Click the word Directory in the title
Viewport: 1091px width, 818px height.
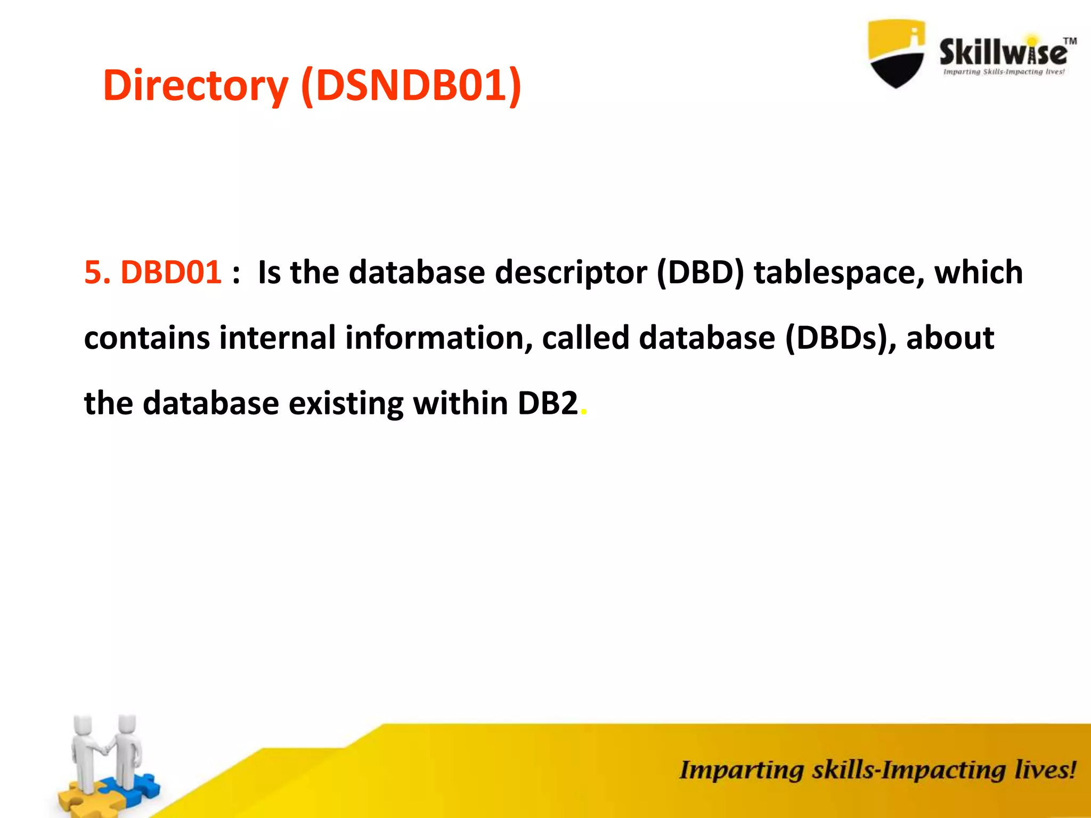click(195, 86)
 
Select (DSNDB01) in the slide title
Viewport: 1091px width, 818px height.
click(411, 85)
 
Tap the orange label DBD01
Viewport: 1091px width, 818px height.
click(170, 273)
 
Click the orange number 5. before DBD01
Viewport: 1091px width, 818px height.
click(97, 273)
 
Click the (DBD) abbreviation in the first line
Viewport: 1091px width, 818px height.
click(700, 273)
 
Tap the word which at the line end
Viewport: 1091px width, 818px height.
click(979, 273)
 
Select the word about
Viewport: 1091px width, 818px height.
click(950, 338)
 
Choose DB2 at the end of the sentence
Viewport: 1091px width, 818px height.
click(547, 403)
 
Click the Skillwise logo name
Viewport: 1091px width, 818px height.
click(1003, 52)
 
